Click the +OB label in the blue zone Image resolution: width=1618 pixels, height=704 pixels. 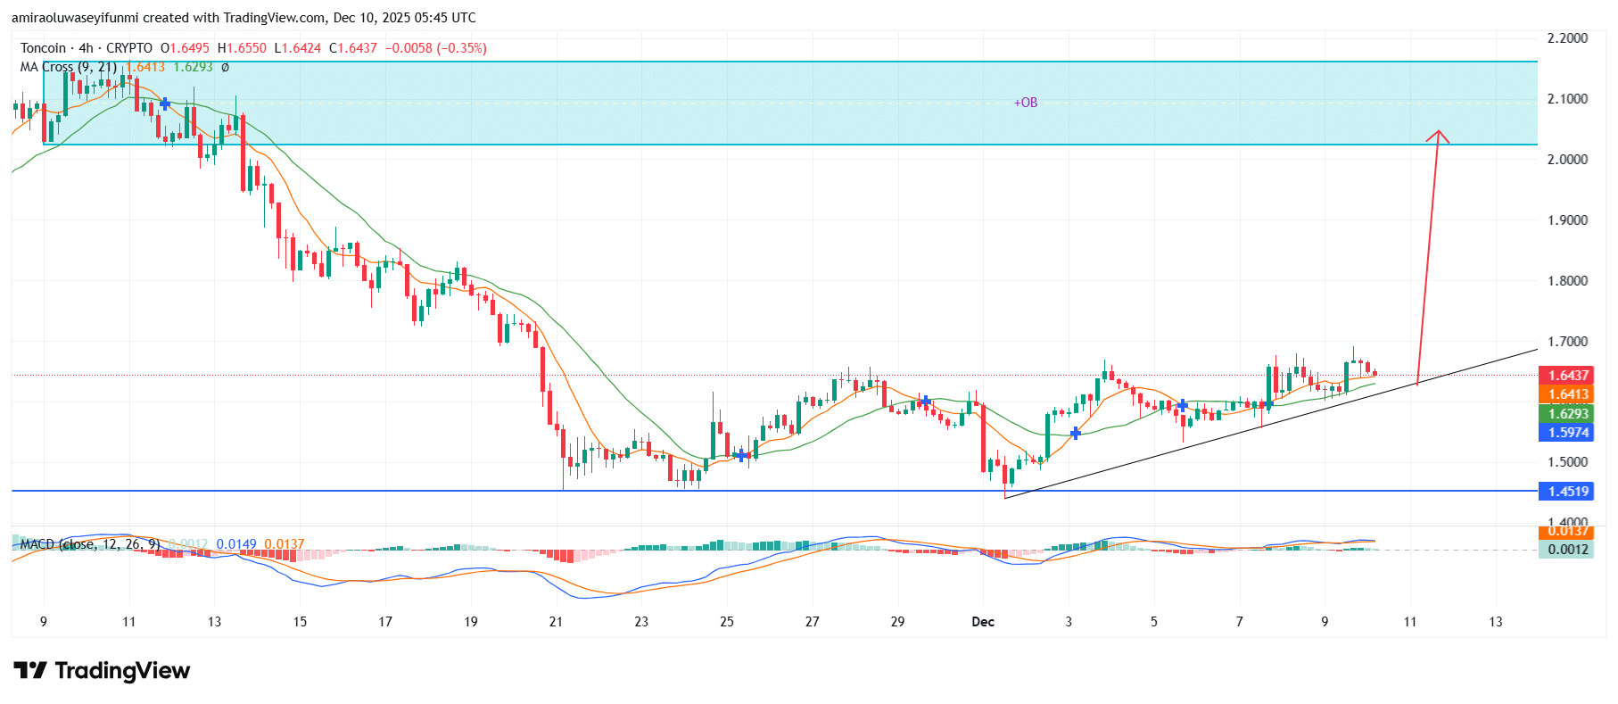1025,103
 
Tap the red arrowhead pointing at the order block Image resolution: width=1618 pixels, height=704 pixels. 1437,137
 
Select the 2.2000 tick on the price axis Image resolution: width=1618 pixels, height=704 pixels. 1567,38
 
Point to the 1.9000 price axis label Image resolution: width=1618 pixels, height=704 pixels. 1567,220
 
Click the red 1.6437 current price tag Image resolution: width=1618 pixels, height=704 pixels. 1568,376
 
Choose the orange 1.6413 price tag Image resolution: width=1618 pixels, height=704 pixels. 1568,394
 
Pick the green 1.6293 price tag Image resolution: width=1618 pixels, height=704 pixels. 1568,413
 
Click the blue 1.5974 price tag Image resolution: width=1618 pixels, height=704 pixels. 1568,432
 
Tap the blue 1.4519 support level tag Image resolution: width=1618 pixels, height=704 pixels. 1568,492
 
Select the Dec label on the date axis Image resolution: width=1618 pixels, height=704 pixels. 982,622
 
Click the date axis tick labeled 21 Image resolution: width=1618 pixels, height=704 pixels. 556,622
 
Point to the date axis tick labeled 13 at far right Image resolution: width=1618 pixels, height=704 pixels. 1495,622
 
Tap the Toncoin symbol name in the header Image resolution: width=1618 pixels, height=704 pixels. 43,48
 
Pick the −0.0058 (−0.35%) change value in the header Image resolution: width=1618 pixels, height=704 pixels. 435,48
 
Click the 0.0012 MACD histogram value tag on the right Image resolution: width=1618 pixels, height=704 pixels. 1568,550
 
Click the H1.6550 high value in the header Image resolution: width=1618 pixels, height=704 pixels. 242,48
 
